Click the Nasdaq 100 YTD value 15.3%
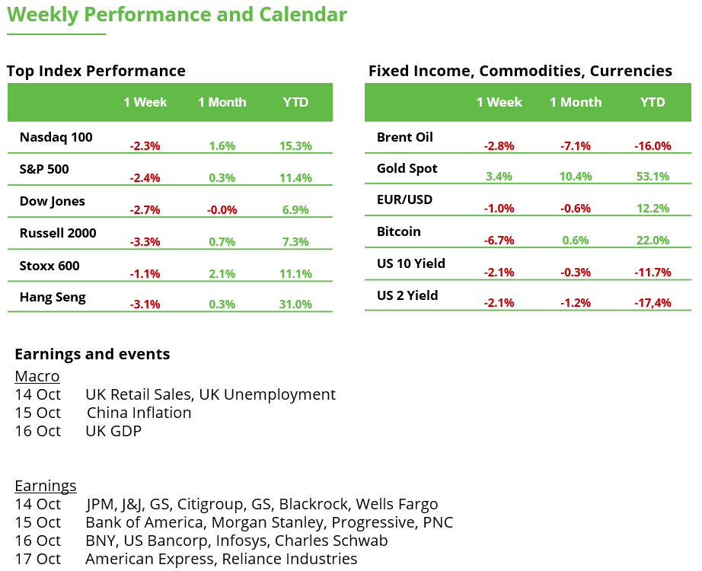(295, 146)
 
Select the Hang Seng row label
(53, 297)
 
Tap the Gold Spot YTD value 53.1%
(652, 177)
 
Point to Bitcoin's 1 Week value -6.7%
(499, 241)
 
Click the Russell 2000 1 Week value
(145, 242)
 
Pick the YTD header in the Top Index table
(295, 102)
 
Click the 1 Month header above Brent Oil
(576, 102)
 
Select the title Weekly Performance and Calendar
(177, 14)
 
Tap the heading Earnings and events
(92, 354)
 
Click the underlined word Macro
(37, 376)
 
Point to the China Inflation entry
(139, 413)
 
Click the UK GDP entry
(113, 431)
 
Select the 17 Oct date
(37, 559)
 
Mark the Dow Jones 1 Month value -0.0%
(222, 210)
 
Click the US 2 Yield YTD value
(652, 303)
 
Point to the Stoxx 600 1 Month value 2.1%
(222, 274)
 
